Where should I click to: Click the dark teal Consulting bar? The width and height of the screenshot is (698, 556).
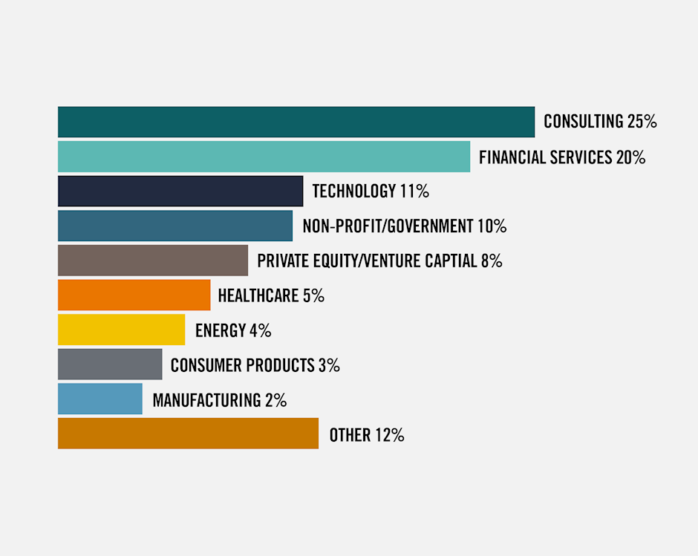pos(296,122)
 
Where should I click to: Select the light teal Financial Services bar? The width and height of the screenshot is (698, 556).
pos(264,157)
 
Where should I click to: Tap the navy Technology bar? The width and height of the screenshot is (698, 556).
pos(180,191)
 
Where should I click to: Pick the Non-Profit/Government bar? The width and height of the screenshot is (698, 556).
pos(175,226)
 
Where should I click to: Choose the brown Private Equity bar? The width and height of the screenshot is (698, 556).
pos(153,261)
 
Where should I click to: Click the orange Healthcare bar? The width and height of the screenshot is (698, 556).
pos(134,295)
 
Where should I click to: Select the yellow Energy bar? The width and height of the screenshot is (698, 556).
pos(121,330)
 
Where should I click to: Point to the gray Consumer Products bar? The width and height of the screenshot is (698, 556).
pos(110,364)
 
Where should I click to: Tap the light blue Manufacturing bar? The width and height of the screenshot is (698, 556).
pos(100,399)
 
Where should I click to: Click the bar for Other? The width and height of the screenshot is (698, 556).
pos(188,434)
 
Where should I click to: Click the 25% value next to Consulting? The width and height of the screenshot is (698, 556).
pos(642,122)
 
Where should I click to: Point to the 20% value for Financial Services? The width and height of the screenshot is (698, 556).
pos(630,157)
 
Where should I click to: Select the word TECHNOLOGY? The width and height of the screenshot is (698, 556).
pos(353,192)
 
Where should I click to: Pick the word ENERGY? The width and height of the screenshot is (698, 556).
pos(220,330)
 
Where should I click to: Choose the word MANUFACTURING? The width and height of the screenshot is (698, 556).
pos(206,400)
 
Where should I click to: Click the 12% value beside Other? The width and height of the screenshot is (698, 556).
pos(389,435)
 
